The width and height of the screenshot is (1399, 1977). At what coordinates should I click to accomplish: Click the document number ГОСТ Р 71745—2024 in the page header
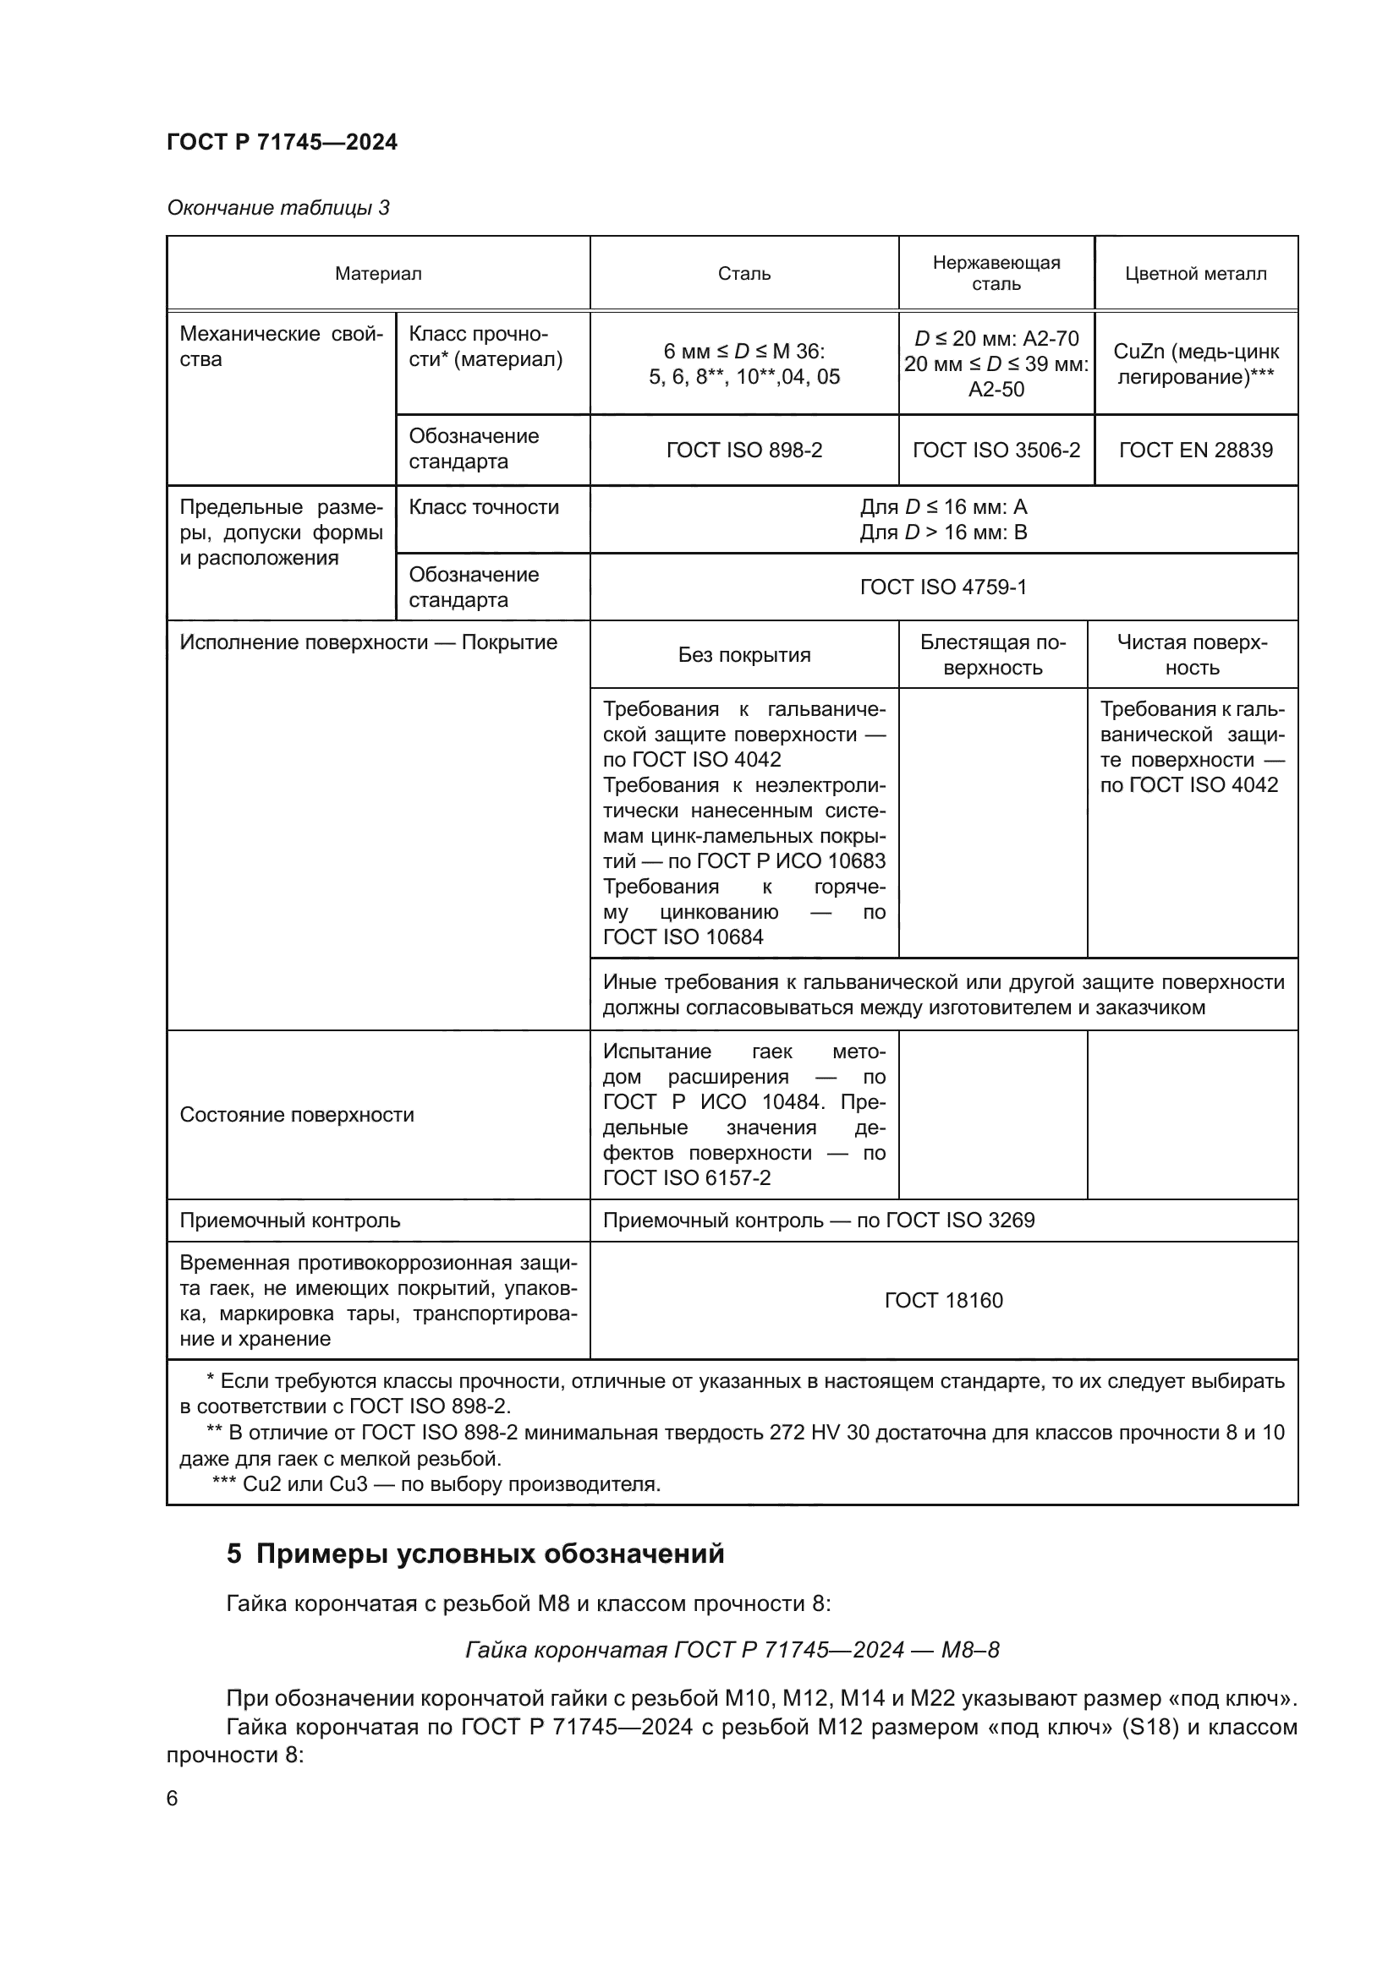(282, 142)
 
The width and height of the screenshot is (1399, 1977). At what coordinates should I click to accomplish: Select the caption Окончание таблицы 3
(277, 208)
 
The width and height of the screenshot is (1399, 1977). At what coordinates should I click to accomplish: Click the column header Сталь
(743, 274)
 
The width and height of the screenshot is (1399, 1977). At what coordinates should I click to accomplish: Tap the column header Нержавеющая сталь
(996, 273)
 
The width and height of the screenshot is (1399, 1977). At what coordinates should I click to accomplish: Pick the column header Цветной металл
(1196, 274)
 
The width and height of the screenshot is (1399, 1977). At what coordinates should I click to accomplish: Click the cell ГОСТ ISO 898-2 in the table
(743, 450)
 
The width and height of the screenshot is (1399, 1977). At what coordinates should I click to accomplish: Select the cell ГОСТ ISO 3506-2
(996, 450)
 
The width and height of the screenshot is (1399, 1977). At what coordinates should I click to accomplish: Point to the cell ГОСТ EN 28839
(1196, 450)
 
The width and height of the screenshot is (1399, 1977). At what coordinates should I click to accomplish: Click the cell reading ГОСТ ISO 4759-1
(943, 587)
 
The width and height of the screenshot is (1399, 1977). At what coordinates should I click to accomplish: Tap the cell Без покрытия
(743, 654)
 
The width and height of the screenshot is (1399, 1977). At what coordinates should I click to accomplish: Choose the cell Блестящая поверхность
(992, 654)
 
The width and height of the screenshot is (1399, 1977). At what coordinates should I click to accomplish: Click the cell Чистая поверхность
(1193, 654)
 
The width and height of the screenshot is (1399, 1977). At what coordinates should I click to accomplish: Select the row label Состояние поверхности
(296, 1114)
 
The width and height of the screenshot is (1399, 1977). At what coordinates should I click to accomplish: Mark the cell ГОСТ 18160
(943, 1300)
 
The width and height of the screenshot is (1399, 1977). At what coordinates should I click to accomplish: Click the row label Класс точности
(483, 507)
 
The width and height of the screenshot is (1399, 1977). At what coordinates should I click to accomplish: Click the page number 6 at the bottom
(173, 1798)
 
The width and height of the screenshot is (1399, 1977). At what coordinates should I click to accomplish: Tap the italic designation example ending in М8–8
(732, 1650)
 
